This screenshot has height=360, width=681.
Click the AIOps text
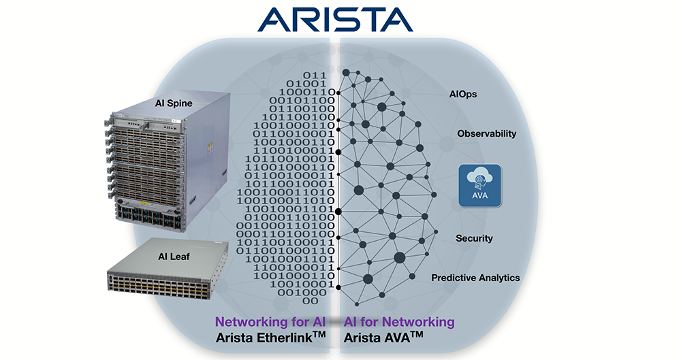(x=463, y=94)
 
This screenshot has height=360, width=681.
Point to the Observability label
(x=486, y=133)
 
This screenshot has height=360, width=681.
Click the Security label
(x=474, y=238)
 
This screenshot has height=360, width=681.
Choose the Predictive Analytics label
(x=475, y=278)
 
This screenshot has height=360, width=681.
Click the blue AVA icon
(x=479, y=185)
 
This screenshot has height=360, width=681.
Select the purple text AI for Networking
(x=399, y=321)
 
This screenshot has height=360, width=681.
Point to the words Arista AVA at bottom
(x=383, y=337)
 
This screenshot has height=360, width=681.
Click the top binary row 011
(x=315, y=75)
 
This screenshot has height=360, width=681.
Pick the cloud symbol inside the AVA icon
(x=479, y=178)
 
